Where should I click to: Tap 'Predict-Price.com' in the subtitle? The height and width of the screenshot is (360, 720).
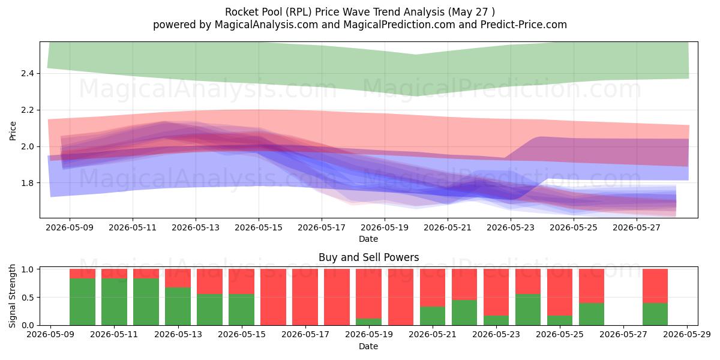524,25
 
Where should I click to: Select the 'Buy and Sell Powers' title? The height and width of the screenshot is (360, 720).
368,257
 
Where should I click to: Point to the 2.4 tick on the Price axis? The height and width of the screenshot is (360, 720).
28,74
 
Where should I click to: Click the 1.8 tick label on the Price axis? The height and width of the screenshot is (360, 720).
28,183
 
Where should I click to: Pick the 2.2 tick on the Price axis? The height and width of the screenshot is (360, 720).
28,110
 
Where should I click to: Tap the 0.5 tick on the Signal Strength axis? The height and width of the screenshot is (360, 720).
28,298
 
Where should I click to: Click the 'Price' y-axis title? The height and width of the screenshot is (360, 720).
13,131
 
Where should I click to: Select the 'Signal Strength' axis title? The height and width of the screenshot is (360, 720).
12,296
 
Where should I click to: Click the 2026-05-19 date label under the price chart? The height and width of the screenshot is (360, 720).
385,227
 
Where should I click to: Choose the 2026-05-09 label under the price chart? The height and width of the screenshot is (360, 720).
70,227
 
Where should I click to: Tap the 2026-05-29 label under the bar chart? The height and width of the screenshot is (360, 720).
687,334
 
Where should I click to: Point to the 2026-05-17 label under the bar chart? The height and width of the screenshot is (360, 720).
305,334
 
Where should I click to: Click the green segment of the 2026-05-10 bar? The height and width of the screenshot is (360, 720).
82,302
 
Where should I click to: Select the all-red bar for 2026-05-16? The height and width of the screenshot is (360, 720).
273,297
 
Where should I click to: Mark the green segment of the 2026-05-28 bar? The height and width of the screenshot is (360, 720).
655,314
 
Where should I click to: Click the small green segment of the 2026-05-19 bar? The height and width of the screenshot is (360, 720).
368,322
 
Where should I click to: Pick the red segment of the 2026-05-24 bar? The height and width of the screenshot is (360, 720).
528,281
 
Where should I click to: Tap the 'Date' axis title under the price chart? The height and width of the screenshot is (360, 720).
368,239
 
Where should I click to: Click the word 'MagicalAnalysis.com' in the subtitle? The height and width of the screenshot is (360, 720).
266,25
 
